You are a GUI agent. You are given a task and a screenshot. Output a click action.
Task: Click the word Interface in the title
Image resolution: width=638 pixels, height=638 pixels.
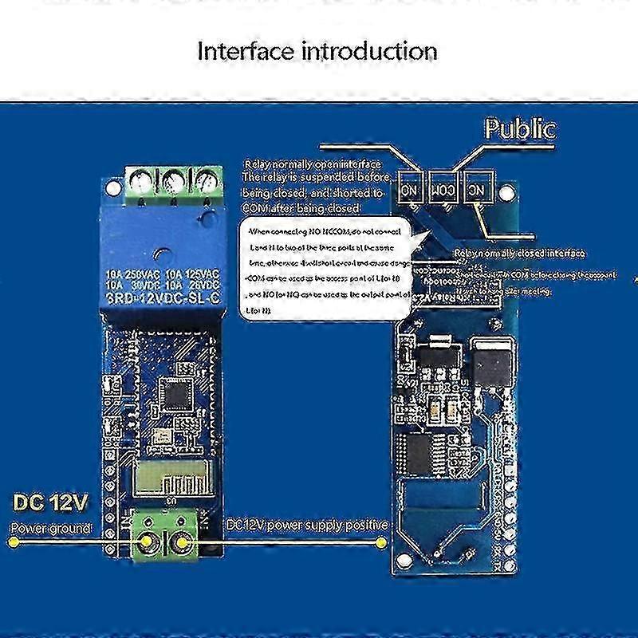[x=236, y=52]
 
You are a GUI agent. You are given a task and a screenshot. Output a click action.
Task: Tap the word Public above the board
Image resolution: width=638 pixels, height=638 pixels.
[x=521, y=129]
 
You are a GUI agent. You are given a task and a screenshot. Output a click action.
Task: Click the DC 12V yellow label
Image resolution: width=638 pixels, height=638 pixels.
[x=50, y=504]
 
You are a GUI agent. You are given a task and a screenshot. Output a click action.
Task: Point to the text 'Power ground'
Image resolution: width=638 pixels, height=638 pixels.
[x=49, y=528]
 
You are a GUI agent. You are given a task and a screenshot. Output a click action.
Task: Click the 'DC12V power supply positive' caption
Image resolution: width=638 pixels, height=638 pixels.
[x=307, y=526]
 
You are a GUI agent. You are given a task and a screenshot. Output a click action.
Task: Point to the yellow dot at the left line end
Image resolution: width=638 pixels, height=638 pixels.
[x=11, y=543]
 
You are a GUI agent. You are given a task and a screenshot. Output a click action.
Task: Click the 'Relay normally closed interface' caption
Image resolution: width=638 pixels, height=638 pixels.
[x=518, y=254]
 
